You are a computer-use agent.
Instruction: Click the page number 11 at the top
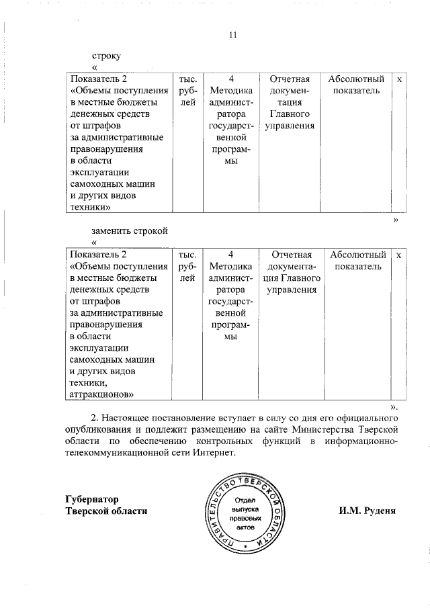pyautogui.click(x=233, y=35)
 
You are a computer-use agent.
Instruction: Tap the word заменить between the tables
pyautogui.click(x=114, y=231)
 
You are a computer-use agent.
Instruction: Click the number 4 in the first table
pyautogui.click(x=230, y=79)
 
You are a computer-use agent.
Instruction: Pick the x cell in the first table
pyautogui.click(x=399, y=79)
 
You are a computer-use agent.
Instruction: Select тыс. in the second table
pyautogui.click(x=187, y=255)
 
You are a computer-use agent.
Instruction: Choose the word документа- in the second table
pyautogui.click(x=291, y=266)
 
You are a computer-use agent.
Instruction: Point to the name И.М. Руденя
pyautogui.click(x=367, y=511)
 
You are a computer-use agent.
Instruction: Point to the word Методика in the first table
pyautogui.click(x=230, y=91)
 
